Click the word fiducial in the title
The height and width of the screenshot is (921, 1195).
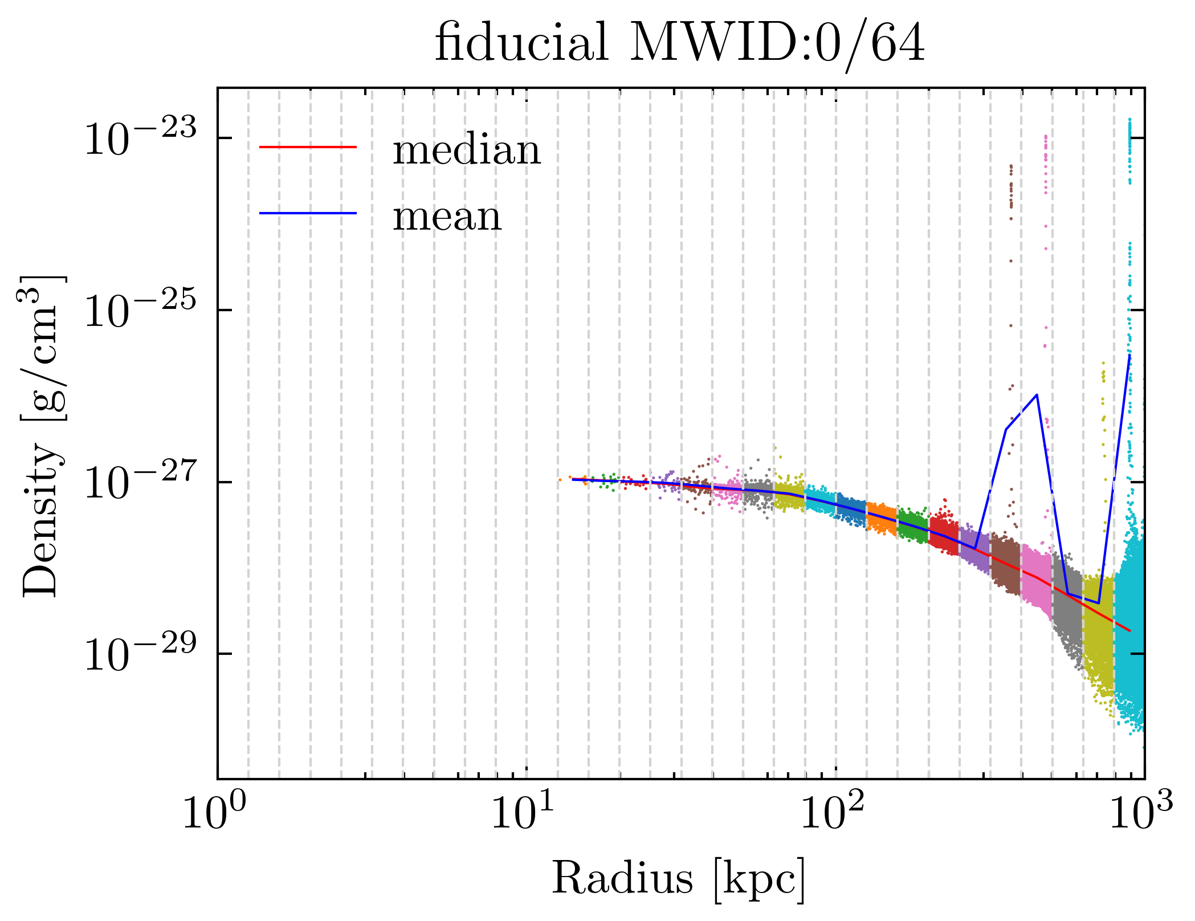click(x=521, y=43)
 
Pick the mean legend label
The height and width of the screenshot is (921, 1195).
click(x=447, y=217)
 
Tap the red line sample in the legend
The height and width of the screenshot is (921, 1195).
click(x=308, y=147)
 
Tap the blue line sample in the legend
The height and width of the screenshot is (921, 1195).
click(x=308, y=213)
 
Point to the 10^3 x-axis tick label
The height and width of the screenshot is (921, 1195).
click(x=1141, y=816)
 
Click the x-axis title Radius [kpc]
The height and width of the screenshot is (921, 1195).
click(x=678, y=878)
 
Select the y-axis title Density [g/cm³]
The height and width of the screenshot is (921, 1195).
click(x=41, y=436)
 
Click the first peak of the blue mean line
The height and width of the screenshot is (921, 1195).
click(x=1037, y=394)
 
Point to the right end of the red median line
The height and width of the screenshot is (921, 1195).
click(x=1129, y=631)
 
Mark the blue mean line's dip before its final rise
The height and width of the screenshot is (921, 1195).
click(x=1098, y=603)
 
